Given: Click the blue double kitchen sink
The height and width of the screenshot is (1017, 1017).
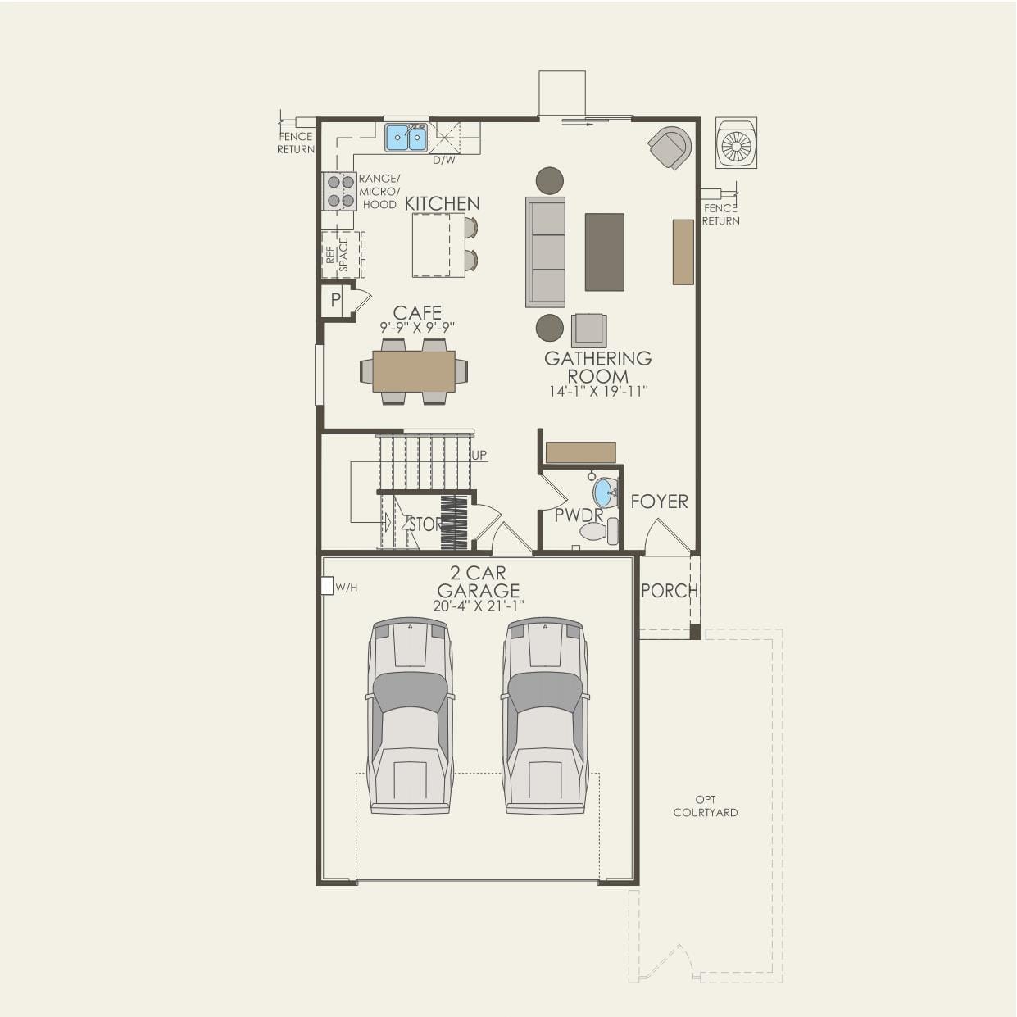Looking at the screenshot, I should tap(406, 138).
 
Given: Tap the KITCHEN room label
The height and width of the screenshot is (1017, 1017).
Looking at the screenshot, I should tap(442, 203).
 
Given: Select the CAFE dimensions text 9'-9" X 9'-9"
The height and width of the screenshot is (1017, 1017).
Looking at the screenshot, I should tap(417, 327).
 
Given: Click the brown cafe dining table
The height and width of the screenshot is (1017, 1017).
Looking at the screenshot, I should tap(414, 371).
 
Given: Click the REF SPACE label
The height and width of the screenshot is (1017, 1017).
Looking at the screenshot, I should tap(337, 255).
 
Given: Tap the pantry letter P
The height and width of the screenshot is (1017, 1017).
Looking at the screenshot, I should tap(335, 301).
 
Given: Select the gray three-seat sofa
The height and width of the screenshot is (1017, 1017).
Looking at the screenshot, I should tap(546, 252).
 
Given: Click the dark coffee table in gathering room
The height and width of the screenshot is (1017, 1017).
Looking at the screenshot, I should tap(604, 252).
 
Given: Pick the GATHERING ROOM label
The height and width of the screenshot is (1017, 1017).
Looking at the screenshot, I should tap(598, 367).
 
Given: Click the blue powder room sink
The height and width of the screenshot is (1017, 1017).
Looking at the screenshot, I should tap(605, 493).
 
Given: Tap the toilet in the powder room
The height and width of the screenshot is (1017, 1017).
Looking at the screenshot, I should tap(597, 533).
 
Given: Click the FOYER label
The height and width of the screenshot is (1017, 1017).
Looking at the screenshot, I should tap(659, 502).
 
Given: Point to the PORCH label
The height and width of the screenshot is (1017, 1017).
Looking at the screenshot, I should tap(668, 590).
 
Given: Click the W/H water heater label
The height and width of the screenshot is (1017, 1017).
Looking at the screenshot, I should tap(346, 588).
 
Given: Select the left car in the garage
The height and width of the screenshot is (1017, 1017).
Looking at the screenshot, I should tap(410, 715).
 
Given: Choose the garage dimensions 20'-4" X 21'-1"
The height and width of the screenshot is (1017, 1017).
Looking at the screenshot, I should tap(478, 606).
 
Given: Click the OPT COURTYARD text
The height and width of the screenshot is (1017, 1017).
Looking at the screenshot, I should tap(705, 806).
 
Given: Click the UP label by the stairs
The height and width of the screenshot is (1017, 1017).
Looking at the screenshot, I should tap(479, 455).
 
